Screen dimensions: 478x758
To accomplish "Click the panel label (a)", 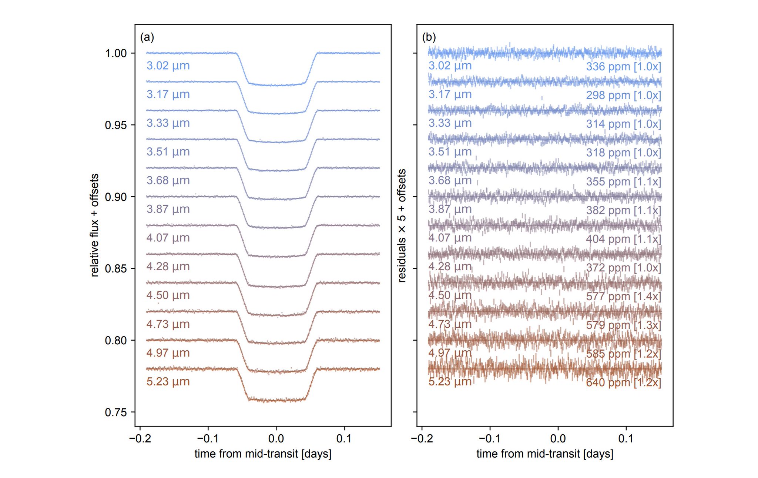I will (x=147, y=37).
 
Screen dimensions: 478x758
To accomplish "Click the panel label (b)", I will (x=429, y=37).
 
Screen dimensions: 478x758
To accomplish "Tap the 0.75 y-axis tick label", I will (x=115, y=412).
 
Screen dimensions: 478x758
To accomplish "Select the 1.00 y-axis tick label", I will (x=115, y=53).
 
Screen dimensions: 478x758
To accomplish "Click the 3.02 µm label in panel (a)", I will (x=168, y=66).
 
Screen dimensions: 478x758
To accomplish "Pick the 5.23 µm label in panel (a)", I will (x=168, y=381).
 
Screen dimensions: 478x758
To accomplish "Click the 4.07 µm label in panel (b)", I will (x=450, y=238).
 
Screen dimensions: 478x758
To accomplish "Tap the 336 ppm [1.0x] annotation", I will (x=623, y=67).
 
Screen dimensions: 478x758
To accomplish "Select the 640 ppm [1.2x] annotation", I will (x=623, y=382).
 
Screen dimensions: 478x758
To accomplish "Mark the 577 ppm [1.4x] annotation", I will (x=623, y=296).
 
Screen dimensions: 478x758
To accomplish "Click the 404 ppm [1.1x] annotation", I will (x=623, y=239).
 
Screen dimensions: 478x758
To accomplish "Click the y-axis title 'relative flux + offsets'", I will (x=95, y=225).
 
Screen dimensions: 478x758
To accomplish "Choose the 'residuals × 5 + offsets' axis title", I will (x=402, y=226).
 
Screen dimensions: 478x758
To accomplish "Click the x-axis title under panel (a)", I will (x=263, y=454).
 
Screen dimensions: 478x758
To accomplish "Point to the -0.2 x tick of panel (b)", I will (x=422, y=438).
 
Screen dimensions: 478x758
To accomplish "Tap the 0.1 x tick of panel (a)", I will (x=344, y=438).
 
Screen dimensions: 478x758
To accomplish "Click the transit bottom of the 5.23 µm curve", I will (x=276, y=400).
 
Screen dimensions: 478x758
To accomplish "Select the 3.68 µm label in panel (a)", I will (x=168, y=180).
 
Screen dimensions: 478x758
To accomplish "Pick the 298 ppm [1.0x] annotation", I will (x=623, y=95).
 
